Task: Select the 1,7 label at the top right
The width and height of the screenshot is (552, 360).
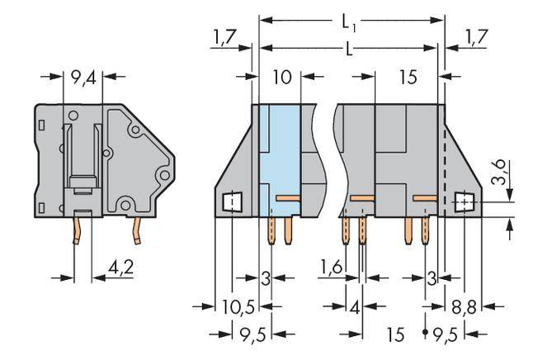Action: (477, 39)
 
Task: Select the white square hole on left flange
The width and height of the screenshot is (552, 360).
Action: (232, 201)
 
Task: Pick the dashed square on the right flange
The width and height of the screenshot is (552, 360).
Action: (466, 201)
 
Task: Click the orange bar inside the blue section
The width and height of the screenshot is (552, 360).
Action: (286, 198)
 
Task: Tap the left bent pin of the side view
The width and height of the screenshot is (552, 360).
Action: (78, 230)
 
